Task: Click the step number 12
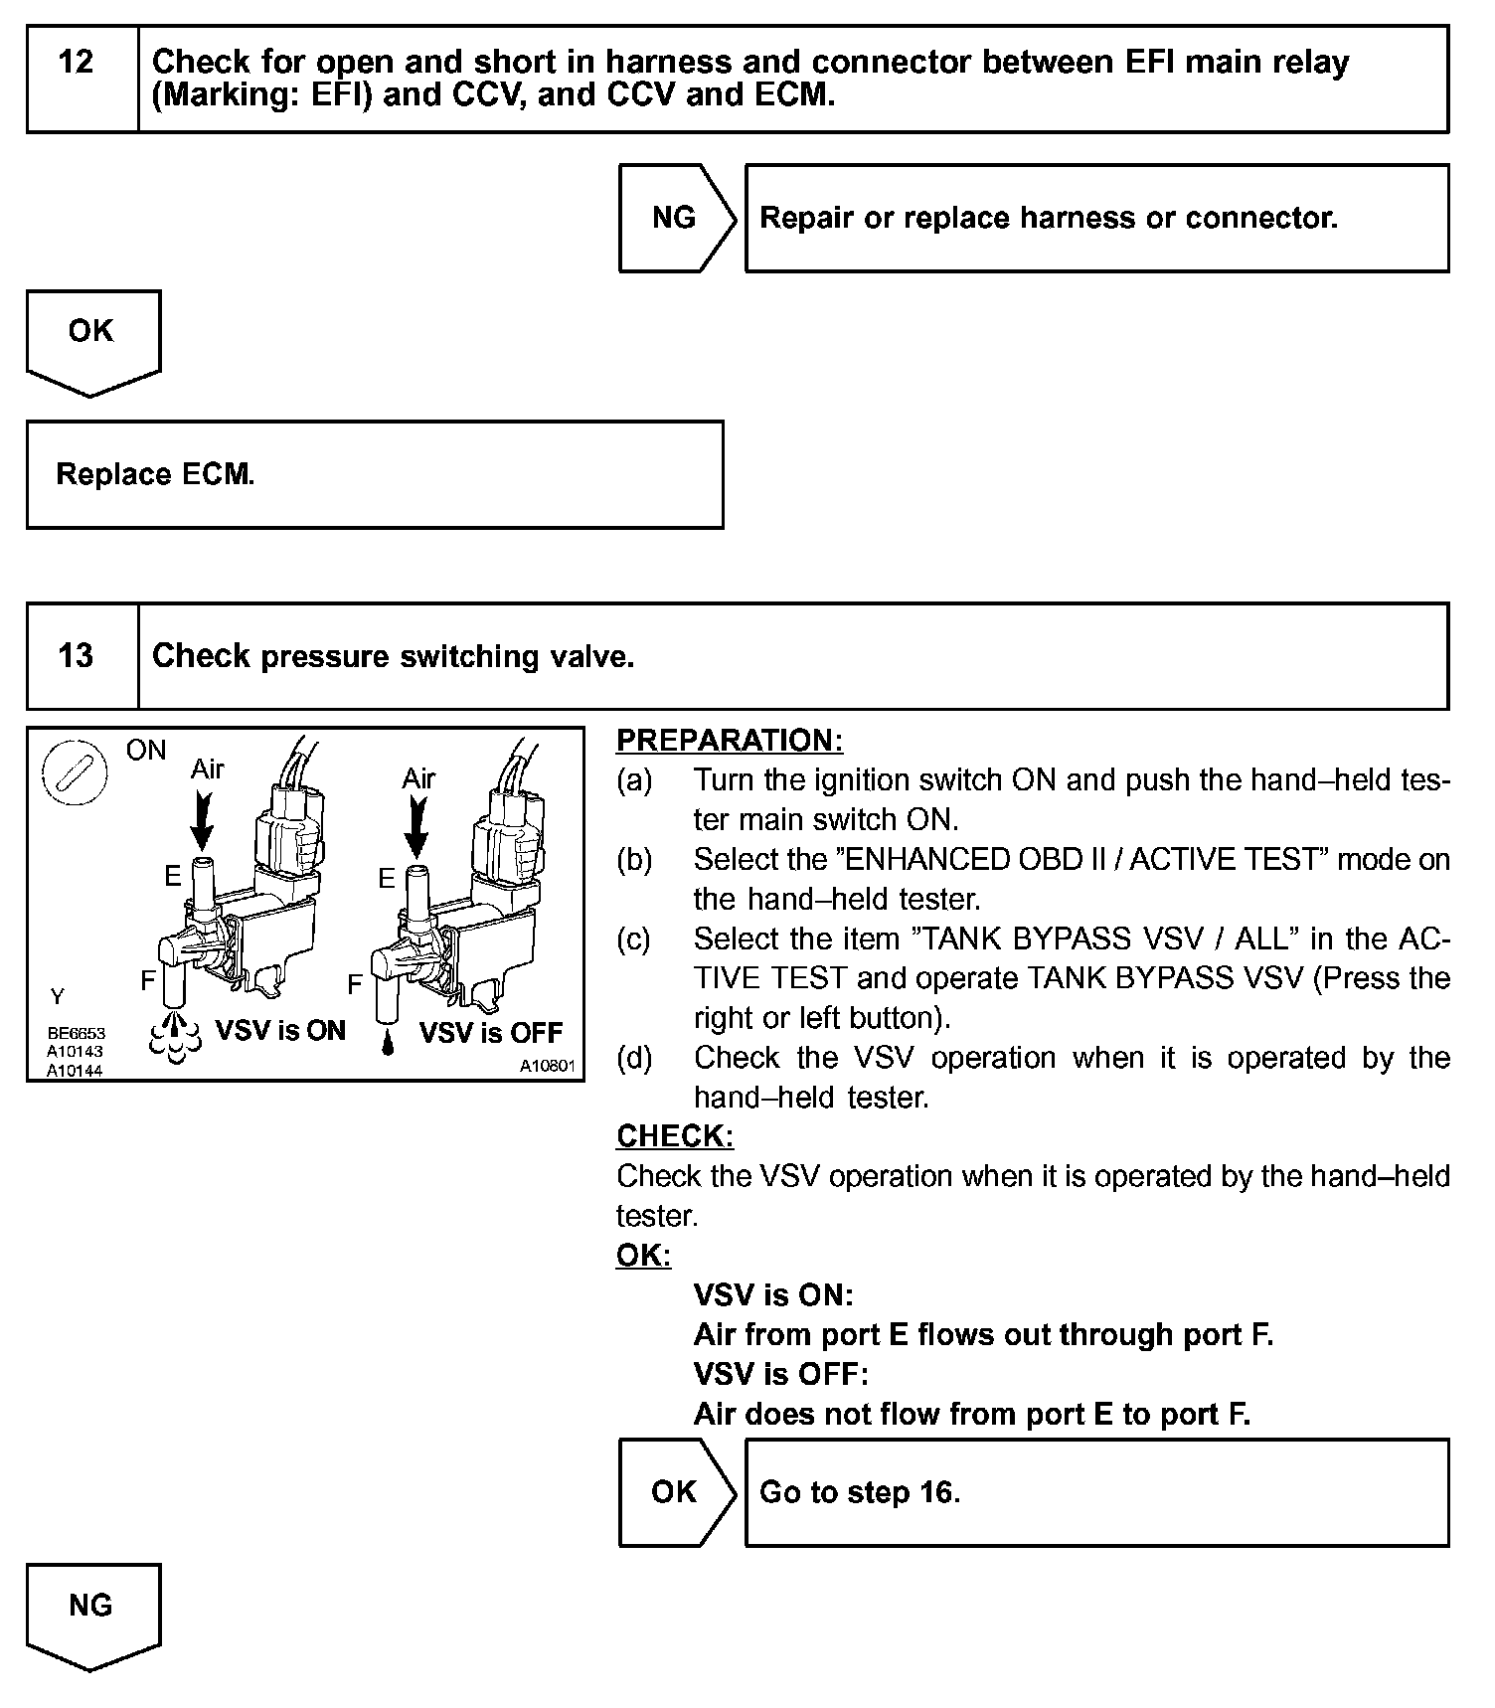[x=77, y=63]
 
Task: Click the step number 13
[x=77, y=656]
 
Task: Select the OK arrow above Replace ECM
[x=91, y=333]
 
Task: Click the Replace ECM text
[x=155, y=474]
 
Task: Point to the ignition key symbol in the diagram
[x=75, y=774]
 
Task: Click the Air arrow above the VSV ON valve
[x=204, y=818]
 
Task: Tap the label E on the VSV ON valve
[x=173, y=876]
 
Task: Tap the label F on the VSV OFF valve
[x=355, y=985]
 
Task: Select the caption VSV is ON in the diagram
[x=280, y=1030]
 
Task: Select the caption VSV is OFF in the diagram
[x=491, y=1033]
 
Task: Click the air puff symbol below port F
[x=175, y=1036]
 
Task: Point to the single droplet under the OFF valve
[x=388, y=1043]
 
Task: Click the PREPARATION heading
[x=729, y=741]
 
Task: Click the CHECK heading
[x=675, y=1136]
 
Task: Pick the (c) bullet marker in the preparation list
[x=633, y=939]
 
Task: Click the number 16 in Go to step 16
[x=936, y=1492]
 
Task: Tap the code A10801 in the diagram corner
[x=547, y=1066]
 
